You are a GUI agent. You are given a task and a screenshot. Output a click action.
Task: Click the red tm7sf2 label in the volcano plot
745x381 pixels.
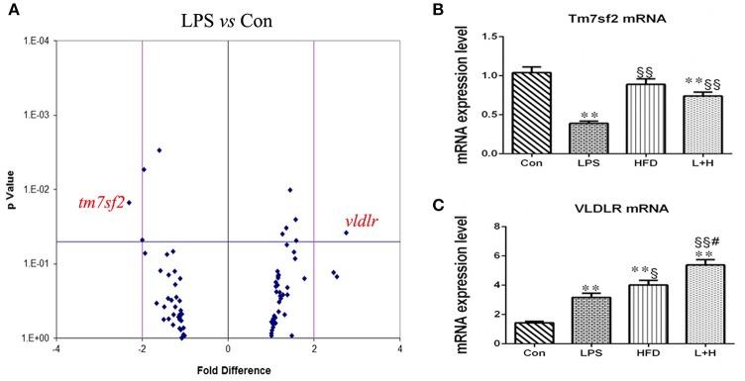(x=102, y=204)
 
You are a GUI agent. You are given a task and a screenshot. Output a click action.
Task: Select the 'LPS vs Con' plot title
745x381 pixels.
(x=229, y=19)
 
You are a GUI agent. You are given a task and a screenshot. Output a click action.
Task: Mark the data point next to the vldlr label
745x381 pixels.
(x=346, y=233)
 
